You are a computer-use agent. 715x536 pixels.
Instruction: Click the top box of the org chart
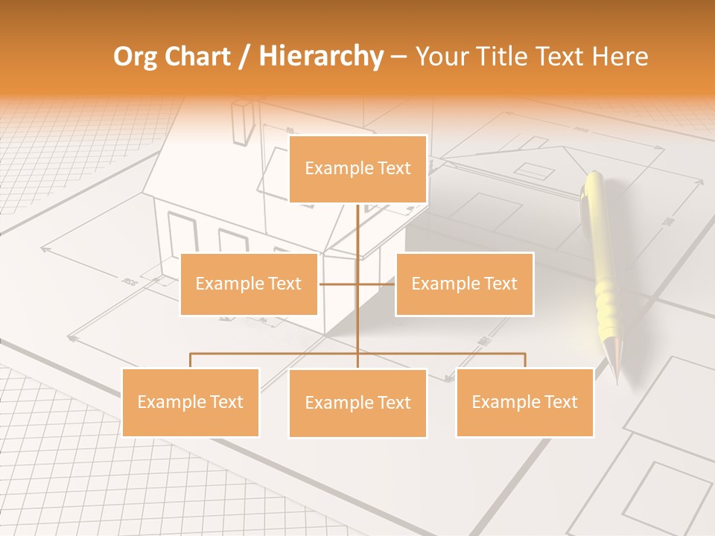[357, 169]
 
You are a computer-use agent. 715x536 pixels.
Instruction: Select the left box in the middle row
[249, 284]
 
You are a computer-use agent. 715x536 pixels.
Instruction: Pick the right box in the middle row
[464, 284]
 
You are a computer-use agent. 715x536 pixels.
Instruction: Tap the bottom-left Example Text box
[191, 402]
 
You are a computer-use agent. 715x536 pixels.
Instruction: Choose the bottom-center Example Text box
[357, 403]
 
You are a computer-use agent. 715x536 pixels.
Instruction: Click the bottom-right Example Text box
[524, 402]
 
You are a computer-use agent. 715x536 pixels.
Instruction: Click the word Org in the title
[134, 57]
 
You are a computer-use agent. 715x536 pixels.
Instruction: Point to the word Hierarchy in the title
[320, 57]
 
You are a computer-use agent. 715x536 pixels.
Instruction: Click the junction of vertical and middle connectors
[357, 284]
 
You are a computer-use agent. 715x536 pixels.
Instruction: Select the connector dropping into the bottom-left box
[191, 360]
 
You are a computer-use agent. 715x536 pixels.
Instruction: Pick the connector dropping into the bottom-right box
[524, 360]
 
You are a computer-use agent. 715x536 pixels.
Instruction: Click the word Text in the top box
[393, 168]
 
